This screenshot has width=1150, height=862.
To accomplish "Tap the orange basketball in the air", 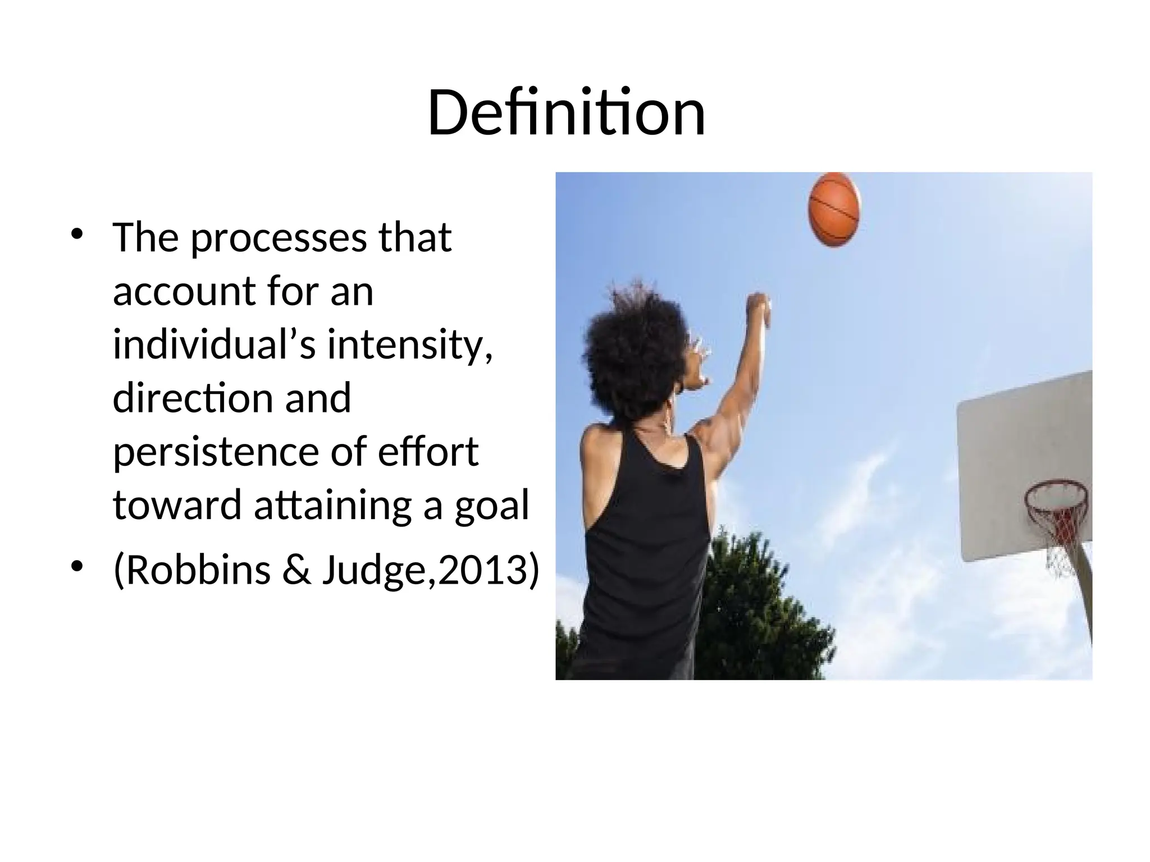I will pos(834,209).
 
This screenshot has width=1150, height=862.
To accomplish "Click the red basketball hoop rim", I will pos(1056,494).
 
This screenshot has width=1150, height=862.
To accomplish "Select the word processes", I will pos(279,239).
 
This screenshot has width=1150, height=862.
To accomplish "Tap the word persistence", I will pos(217,452).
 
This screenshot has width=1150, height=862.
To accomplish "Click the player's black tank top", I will pos(646,539).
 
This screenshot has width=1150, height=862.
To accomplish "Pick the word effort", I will pos(428,452).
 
